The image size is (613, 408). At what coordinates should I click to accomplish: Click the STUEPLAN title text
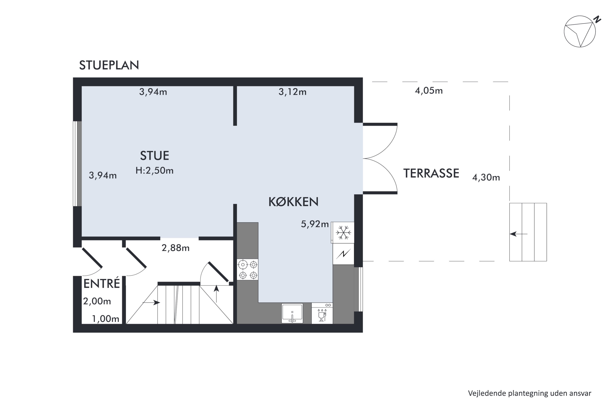coord(109,65)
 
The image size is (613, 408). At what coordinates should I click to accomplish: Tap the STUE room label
coord(154,156)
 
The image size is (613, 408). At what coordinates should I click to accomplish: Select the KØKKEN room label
coord(293,202)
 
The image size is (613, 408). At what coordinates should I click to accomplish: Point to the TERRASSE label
coord(431,173)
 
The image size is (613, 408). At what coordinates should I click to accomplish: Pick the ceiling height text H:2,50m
coord(154,170)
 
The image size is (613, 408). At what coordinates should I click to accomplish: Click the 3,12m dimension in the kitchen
coord(292,92)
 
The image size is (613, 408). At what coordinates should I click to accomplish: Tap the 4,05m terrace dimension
coord(429,91)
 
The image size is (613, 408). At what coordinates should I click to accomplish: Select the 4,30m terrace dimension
coord(486,177)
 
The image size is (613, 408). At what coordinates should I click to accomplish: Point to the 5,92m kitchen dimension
coord(315,224)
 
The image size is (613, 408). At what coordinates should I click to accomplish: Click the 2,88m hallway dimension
coord(175,248)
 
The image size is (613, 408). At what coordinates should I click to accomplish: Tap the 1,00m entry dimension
coord(106,319)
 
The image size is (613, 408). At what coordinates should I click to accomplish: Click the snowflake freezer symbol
coord(343,233)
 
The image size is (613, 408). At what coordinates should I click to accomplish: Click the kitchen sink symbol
coord(292,313)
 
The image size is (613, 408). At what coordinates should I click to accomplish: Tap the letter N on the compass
coord(597,20)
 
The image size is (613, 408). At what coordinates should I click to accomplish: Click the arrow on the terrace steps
coord(518,234)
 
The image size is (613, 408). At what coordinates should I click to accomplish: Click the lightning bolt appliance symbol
coord(343,254)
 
